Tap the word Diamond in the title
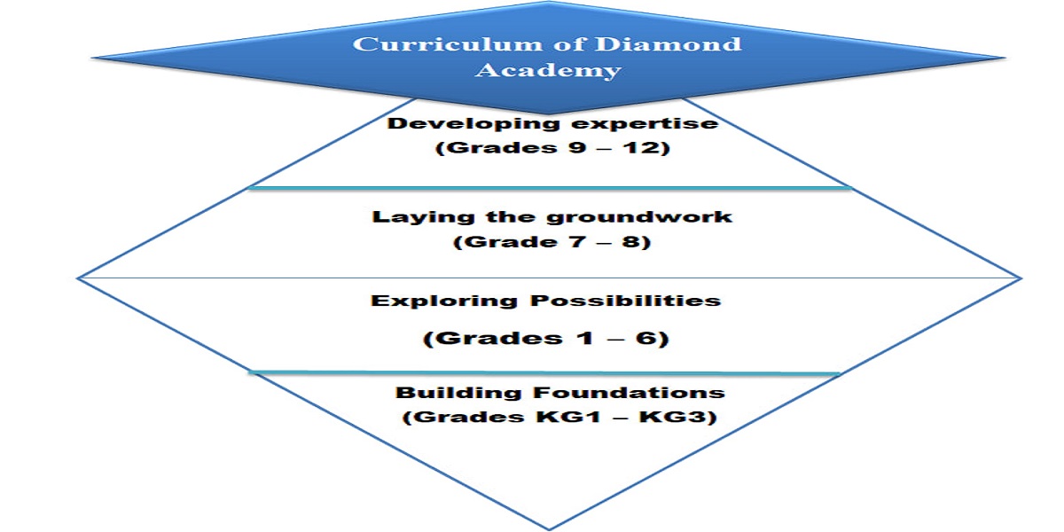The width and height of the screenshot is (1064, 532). coord(668,44)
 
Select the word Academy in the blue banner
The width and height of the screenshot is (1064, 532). coord(548,71)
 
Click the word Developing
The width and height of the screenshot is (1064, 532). coord(474,124)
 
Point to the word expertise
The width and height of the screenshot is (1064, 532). coord(645,124)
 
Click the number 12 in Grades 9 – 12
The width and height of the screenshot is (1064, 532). coord(643,147)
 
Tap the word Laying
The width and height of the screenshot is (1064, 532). coord(424,217)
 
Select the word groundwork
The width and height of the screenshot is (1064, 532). coord(639,217)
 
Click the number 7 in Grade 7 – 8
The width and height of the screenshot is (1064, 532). coord(578,241)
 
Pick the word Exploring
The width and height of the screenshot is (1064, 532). coord(443,301)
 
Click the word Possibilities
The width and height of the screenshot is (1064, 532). coord(626,301)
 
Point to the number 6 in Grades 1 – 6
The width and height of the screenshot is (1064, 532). coord(647,338)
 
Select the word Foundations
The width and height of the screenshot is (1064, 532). coord(629,392)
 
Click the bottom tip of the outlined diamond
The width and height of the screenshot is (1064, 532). coord(549,529)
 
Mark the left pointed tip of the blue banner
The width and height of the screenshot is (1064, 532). coord(92,58)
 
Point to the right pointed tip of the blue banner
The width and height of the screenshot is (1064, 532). coord(1005,58)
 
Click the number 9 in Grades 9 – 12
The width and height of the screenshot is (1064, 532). coord(577,147)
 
